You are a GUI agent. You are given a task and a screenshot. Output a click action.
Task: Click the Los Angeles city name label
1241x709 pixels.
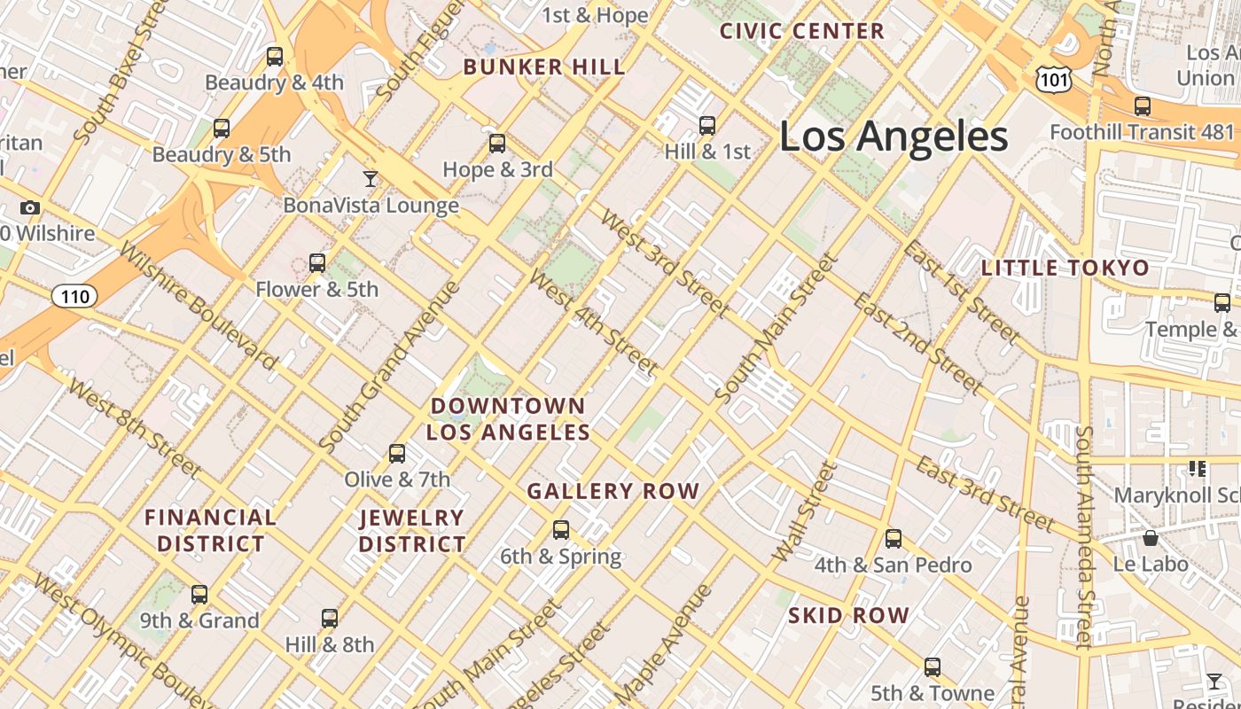(x=894, y=136)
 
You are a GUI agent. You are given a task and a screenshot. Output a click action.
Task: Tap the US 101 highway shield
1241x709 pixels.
(x=1054, y=81)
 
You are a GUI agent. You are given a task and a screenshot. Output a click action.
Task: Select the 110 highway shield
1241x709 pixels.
(x=74, y=296)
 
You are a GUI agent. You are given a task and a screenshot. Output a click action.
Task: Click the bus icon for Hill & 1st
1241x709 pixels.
(x=706, y=126)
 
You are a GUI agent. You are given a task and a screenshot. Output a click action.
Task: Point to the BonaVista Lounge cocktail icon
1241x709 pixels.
(x=371, y=179)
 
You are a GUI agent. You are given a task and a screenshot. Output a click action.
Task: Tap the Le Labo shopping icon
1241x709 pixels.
(x=1150, y=538)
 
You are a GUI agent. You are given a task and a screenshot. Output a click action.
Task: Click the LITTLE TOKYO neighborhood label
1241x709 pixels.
(x=1065, y=268)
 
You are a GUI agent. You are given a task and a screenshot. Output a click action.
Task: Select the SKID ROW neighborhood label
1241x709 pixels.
(x=848, y=615)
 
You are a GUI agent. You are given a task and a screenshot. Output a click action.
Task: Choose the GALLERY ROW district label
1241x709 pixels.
(x=613, y=491)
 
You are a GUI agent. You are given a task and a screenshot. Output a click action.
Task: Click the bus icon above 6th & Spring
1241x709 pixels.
(x=560, y=530)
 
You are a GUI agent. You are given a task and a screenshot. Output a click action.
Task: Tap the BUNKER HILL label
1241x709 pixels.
(x=544, y=67)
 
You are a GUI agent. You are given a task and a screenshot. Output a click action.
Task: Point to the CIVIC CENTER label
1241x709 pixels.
(x=802, y=31)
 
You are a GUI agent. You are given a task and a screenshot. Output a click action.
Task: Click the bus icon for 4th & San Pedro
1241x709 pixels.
(x=893, y=538)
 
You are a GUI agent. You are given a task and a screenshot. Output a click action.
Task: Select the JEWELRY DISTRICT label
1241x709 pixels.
(x=412, y=531)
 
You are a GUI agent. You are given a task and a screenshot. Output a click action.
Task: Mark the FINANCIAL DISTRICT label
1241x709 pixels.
(x=210, y=531)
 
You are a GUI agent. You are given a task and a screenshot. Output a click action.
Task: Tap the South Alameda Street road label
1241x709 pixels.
(x=1084, y=537)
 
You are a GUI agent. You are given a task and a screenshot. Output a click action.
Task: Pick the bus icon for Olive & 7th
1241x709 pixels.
(x=397, y=454)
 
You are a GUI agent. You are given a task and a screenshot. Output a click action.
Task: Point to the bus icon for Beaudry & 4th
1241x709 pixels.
(x=275, y=57)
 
